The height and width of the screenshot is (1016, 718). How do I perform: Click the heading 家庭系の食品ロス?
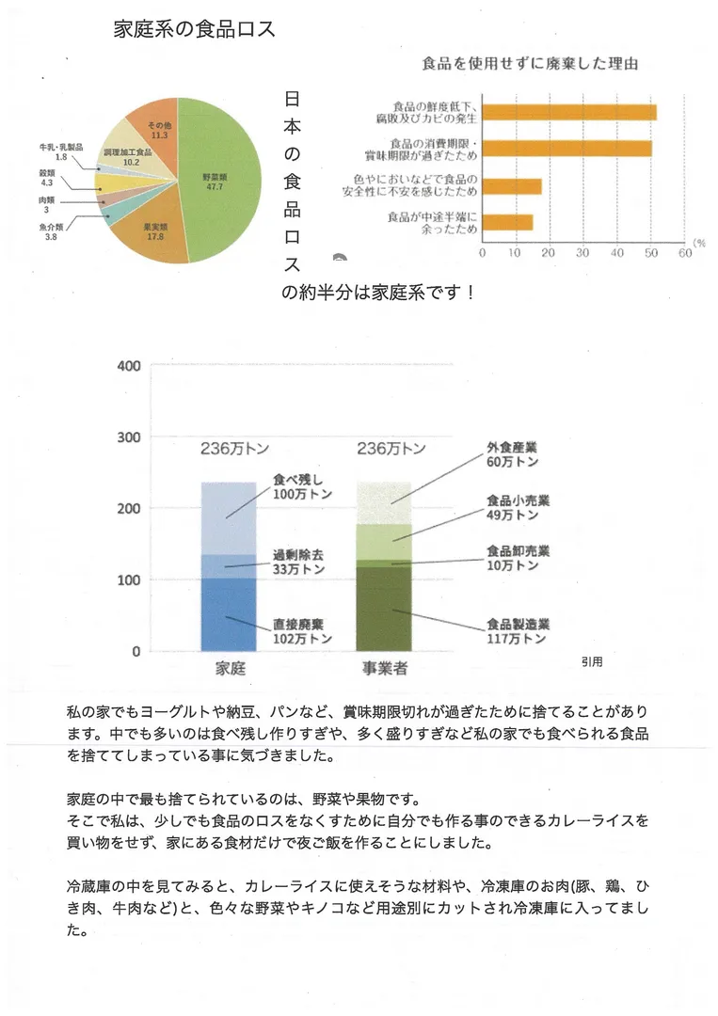(194, 29)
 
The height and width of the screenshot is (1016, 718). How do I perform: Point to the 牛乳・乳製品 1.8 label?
(61, 152)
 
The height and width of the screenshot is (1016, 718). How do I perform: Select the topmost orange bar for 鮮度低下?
(568, 113)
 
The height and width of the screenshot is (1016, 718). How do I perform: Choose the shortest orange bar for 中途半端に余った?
(507, 222)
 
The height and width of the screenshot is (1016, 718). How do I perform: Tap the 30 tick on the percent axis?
(582, 252)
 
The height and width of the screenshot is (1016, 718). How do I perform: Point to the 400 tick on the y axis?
(129, 366)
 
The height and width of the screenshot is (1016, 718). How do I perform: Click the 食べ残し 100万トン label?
(298, 485)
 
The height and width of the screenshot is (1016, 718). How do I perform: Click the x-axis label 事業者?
(384, 670)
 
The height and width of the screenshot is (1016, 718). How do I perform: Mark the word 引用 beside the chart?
(592, 661)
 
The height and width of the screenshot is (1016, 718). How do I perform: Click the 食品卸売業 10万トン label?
(518, 558)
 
